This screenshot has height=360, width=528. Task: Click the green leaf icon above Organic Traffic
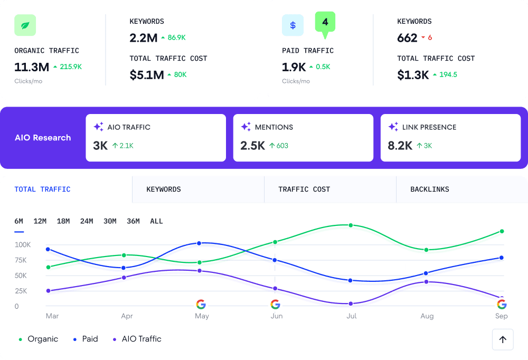click(25, 25)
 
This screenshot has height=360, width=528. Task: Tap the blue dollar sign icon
click(293, 25)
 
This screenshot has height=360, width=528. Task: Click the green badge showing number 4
click(325, 23)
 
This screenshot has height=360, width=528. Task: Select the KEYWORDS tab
click(164, 190)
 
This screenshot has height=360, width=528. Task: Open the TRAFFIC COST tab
click(304, 190)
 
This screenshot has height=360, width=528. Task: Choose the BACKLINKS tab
click(430, 190)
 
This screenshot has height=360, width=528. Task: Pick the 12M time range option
click(40, 221)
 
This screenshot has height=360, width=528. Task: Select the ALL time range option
click(156, 221)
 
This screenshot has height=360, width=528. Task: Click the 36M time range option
click(133, 221)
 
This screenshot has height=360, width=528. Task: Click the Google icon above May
click(201, 304)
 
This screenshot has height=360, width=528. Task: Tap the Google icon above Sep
click(502, 304)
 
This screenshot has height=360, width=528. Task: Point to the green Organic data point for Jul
click(350, 225)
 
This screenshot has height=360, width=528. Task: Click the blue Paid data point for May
click(199, 243)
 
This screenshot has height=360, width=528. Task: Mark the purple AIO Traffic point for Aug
click(426, 282)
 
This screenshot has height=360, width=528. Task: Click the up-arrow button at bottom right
click(503, 339)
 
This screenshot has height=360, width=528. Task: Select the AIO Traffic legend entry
click(137, 339)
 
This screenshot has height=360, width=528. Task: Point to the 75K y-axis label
click(21, 260)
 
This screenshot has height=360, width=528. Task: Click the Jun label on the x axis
click(277, 316)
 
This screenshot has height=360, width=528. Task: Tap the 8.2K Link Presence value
click(400, 146)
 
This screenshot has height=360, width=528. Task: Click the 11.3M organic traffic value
click(32, 67)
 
